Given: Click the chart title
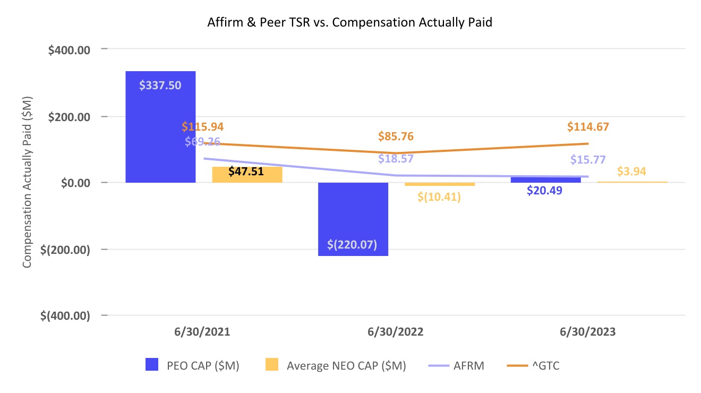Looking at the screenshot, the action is tap(349, 22).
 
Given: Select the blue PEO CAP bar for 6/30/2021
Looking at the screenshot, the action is tap(160, 127).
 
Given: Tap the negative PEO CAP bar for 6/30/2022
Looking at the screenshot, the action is tap(353, 219).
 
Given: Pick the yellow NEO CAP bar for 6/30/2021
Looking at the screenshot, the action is tap(247, 175).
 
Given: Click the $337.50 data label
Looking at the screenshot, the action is tap(160, 85).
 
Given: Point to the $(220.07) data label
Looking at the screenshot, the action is tap(352, 244).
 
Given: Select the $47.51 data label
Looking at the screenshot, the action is tap(246, 171).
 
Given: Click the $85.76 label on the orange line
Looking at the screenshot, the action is tap(396, 136).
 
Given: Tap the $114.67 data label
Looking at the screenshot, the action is tap(588, 127).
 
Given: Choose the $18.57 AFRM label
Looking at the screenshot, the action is tap(396, 159).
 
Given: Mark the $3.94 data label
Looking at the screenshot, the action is tap(631, 171).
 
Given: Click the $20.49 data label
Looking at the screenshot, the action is tap(544, 190).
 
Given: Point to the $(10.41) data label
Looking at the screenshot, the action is tap(439, 196).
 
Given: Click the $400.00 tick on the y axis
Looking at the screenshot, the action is tap(69, 50).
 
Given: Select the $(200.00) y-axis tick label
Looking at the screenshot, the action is tap(65, 250).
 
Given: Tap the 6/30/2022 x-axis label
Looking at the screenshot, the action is tap(396, 332).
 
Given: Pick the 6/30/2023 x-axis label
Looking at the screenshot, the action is tap(588, 332).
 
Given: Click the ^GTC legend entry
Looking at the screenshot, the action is tap(533, 365).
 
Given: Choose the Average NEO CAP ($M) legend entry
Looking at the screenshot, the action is tap(336, 365).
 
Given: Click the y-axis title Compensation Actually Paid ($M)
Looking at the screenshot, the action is tap(27, 182).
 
